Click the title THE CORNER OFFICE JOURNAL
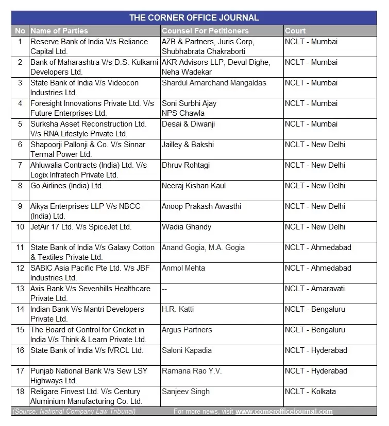pos(194,18)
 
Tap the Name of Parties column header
pos(59,31)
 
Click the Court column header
pos(295,31)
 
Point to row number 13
pos(20,289)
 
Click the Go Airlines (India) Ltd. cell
pos(66,186)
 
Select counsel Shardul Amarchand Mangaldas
pos(214,83)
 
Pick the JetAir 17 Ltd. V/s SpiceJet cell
pos(81,227)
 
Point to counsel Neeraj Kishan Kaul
pos(194,186)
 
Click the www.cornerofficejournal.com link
pos(284,411)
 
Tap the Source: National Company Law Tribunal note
pos(74,411)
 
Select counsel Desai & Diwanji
pos(188,124)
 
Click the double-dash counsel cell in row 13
pos(164,289)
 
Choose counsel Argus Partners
pos(187,330)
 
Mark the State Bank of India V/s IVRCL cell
pos(87,350)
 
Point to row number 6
pos(20,145)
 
